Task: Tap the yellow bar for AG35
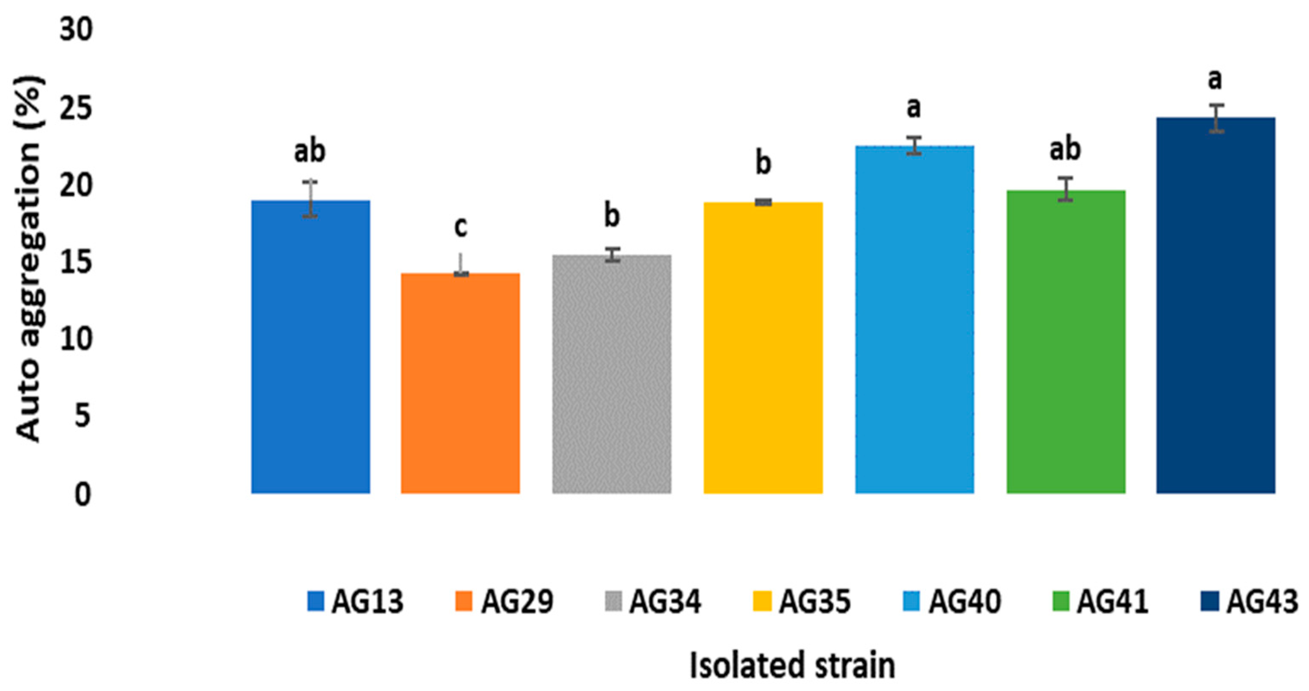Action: pyautogui.click(x=763, y=348)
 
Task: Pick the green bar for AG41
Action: pyautogui.click(x=1066, y=342)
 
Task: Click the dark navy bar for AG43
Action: pyautogui.click(x=1215, y=305)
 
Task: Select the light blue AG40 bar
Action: pyautogui.click(x=914, y=320)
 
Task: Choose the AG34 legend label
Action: pyautogui.click(x=665, y=602)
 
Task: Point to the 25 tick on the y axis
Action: pyautogui.click(x=76, y=109)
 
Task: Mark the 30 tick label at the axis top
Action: pyautogui.click(x=76, y=29)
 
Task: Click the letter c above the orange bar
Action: pyautogui.click(x=461, y=227)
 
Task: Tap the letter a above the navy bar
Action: pyautogui.click(x=1215, y=80)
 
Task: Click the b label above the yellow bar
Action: pyautogui.click(x=763, y=164)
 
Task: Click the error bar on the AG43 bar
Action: pyautogui.click(x=1215, y=118)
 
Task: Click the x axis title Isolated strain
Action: pyautogui.click(x=792, y=665)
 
